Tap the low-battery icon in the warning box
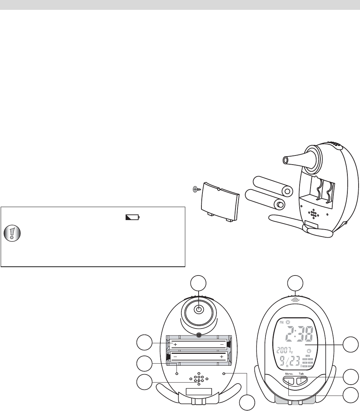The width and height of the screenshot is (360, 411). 132,218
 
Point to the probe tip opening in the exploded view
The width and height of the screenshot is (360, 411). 285,161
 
